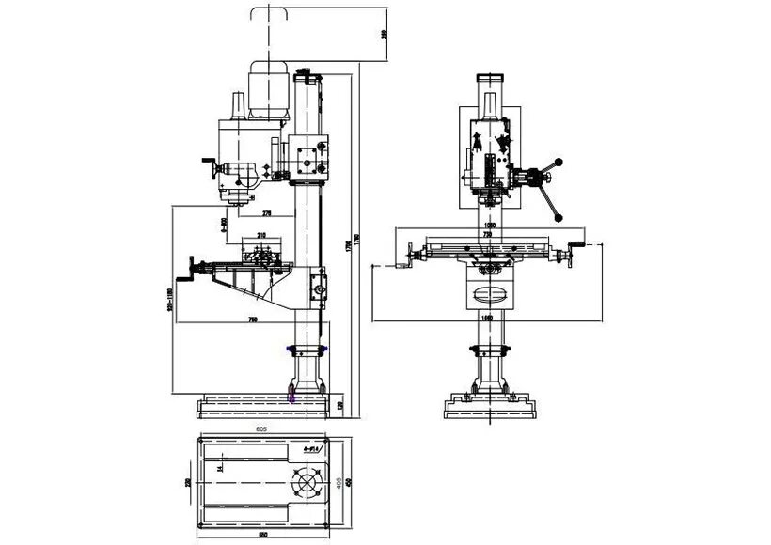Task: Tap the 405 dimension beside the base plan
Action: click(x=338, y=480)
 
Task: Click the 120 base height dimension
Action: click(x=339, y=406)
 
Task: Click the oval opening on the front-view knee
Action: click(x=491, y=293)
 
